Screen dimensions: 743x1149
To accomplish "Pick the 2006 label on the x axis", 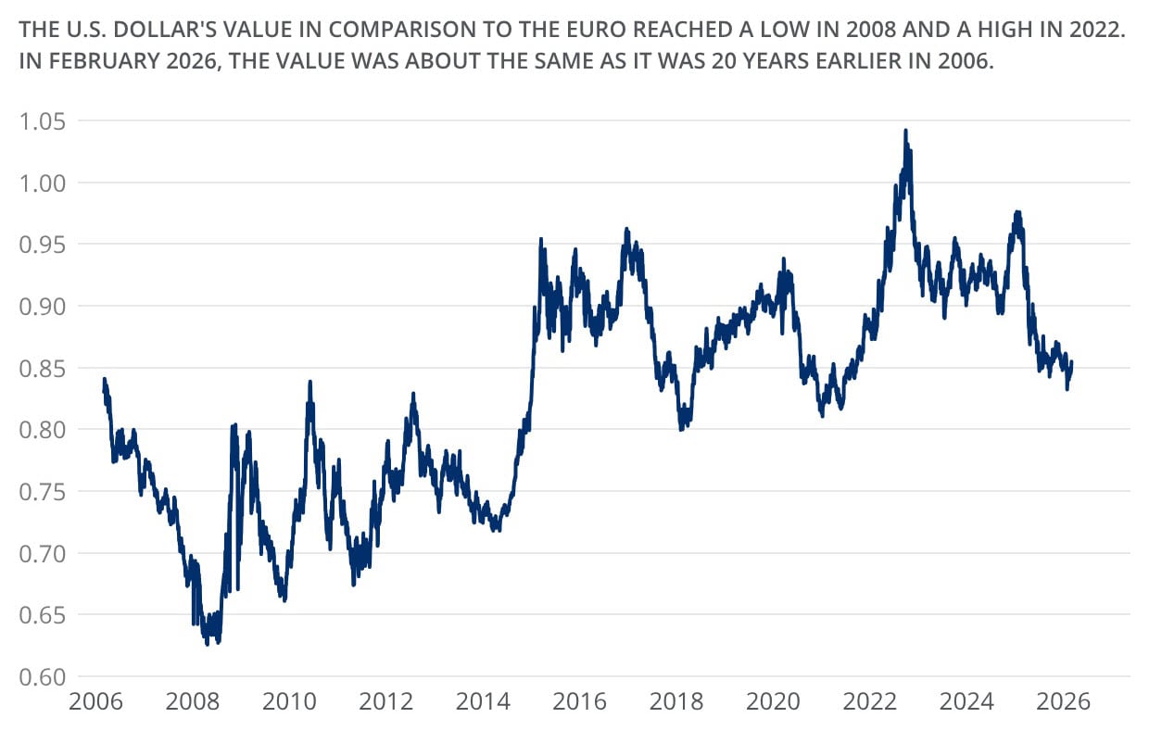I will [97, 705].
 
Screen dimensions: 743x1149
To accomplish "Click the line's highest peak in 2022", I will [905, 131].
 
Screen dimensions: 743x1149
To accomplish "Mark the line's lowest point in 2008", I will [208, 644].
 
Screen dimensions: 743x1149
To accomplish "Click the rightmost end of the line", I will [1072, 363].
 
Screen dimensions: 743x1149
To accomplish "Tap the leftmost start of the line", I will [103, 390].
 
